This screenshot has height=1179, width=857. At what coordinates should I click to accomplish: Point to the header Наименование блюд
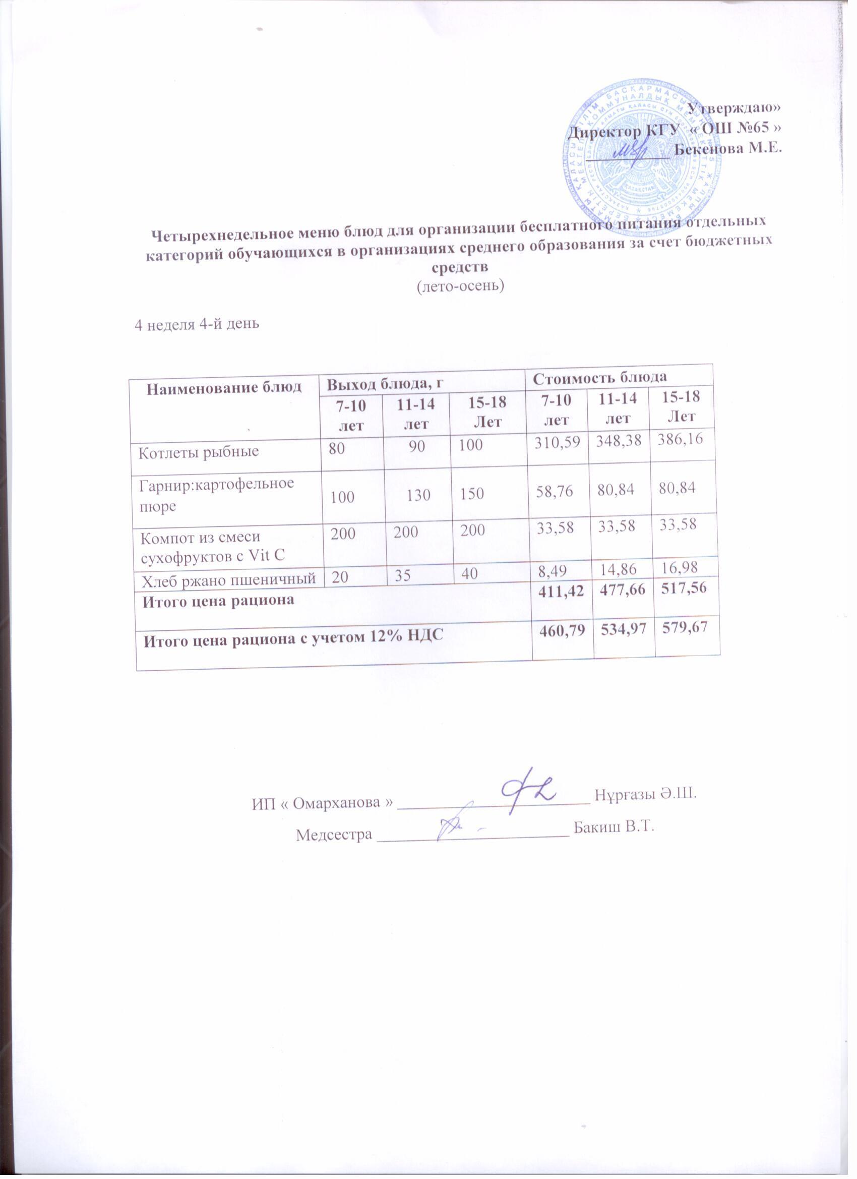click(223, 387)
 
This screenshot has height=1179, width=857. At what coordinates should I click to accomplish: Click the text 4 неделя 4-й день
click(197, 324)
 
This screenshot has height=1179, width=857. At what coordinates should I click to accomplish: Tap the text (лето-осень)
click(461, 286)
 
